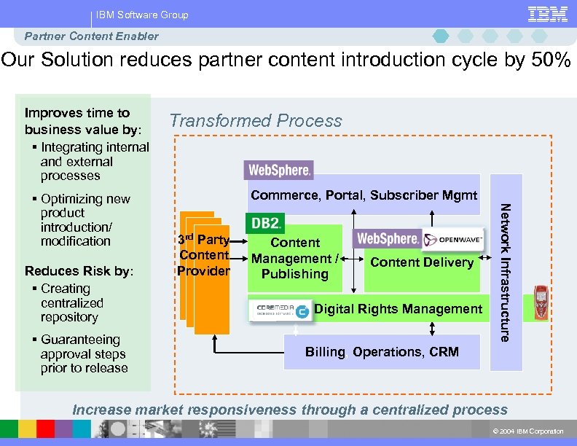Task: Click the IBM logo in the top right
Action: tap(547, 14)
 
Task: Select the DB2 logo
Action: tap(266, 222)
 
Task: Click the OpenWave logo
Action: tap(451, 239)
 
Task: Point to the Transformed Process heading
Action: tap(256, 121)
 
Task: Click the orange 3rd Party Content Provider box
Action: tap(204, 255)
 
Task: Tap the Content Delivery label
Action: tap(422, 262)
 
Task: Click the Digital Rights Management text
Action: tap(398, 309)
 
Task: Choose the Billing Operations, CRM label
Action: tap(382, 352)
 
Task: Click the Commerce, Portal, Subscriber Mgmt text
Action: tap(364, 195)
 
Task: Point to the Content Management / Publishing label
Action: tap(294, 258)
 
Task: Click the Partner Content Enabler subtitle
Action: tap(91, 36)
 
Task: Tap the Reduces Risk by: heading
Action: tap(79, 271)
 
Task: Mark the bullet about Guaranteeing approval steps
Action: tap(83, 354)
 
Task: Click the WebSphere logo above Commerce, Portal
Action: tap(280, 171)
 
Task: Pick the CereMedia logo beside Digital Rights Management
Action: tap(281, 310)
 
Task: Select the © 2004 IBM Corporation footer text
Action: tap(528, 431)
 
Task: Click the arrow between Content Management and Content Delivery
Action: tap(352, 259)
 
